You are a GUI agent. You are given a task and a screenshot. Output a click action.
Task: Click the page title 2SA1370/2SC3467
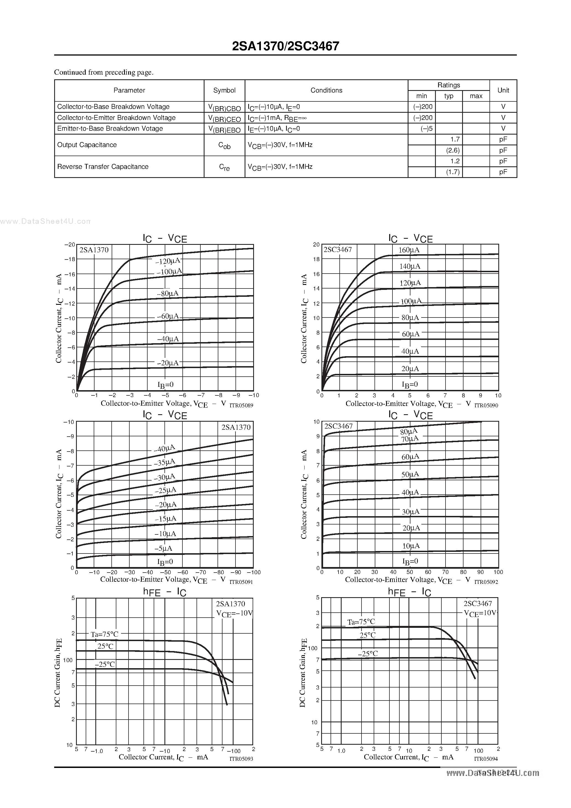[x=285, y=46]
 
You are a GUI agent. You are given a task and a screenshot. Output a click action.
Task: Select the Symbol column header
[x=224, y=90]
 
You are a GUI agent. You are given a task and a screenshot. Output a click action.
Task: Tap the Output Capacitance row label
[x=87, y=145]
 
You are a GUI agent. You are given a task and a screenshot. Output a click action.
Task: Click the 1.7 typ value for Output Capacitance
[x=455, y=139]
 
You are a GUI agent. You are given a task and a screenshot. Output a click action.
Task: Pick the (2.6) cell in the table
[x=453, y=150]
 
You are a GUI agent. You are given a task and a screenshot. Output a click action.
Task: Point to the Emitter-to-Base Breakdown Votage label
[x=110, y=128]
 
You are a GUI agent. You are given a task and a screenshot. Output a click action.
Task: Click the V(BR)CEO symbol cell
[x=224, y=118]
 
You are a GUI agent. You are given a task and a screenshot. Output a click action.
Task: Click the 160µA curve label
[x=409, y=250]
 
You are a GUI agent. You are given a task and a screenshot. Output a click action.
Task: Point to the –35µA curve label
[x=164, y=462]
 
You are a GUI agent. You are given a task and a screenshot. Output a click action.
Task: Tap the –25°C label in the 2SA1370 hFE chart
[x=104, y=664]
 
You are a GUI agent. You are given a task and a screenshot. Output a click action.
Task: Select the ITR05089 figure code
[x=241, y=405]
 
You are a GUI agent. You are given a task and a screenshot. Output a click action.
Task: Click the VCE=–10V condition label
[x=234, y=614]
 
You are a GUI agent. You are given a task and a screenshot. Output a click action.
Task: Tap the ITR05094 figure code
[x=486, y=759]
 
